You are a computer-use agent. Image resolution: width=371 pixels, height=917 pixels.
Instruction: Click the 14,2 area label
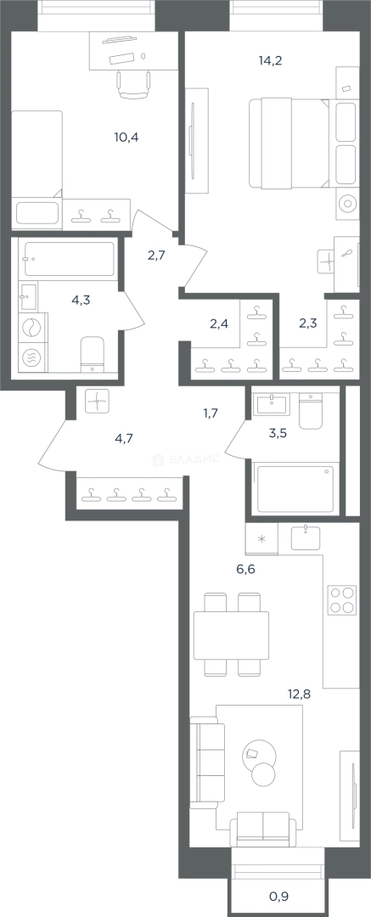pos(270,59)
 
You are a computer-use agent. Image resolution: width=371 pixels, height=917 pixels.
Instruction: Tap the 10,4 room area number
pos(126,138)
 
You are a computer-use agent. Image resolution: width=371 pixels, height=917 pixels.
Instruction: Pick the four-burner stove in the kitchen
pos(343,599)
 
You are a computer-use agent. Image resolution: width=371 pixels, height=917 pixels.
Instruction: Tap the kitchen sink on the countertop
pos(306,537)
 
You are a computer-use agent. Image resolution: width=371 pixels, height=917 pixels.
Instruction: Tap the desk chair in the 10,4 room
pos(135,83)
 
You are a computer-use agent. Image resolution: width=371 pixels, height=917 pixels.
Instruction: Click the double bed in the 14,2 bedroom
pos(289,144)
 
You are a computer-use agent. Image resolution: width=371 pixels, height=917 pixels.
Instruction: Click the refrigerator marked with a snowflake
pos(261,538)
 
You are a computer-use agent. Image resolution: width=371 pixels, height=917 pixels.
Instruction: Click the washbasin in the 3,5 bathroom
pos(273,403)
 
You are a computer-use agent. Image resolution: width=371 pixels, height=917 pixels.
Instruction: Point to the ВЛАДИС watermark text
pos(185,459)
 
